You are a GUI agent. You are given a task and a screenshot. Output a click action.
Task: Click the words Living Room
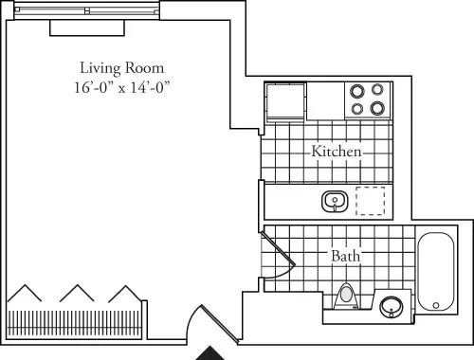pyautogui.click(x=121, y=68)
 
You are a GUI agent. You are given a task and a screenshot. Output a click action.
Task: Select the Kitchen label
pyautogui.click(x=336, y=152)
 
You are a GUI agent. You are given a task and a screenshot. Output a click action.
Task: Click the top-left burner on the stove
pyautogui.click(x=357, y=92)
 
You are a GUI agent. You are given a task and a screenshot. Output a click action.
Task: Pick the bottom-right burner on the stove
pyautogui.click(x=377, y=108)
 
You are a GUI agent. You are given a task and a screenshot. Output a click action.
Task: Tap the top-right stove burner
pyautogui.click(x=377, y=92)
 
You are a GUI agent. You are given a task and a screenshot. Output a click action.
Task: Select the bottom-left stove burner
pyautogui.click(x=357, y=108)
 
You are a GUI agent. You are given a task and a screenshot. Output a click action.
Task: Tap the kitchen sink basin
pyautogui.click(x=334, y=202)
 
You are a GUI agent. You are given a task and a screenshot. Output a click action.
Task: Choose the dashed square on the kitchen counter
pyautogui.click(x=370, y=202)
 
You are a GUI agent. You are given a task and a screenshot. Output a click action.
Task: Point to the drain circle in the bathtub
pyautogui.click(x=436, y=305)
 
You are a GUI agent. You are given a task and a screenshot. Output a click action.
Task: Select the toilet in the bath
pyautogui.click(x=347, y=296)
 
